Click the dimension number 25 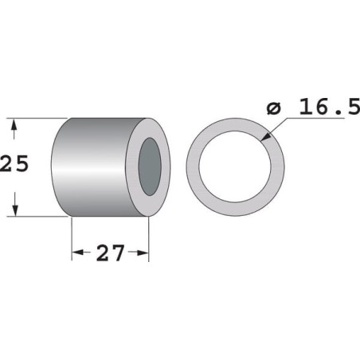pyautogui.click(x=14, y=163)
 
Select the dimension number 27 pyautogui.click(x=110, y=253)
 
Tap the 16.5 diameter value pyautogui.click(x=330, y=107)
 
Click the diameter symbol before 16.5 pyautogui.click(x=273, y=108)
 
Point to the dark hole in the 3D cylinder pyautogui.click(x=150, y=166)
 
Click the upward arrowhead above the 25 pyautogui.click(x=14, y=126)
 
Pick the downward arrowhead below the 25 pyautogui.click(x=15, y=209)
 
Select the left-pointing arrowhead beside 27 pyautogui.click(x=78, y=252)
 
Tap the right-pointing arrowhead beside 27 pyautogui.click(x=142, y=252)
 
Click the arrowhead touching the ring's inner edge pyautogui.click(x=266, y=136)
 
